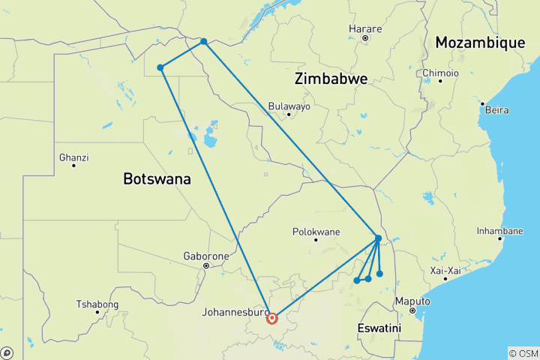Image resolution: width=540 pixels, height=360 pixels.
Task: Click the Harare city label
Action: [x=365, y=29]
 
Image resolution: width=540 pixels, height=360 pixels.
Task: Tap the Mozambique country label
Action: [x=480, y=43]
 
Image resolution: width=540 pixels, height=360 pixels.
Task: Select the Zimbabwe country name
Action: [x=331, y=79]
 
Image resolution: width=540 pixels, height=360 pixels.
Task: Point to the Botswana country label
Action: [x=157, y=179]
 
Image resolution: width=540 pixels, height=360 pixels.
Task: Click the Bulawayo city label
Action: [x=289, y=106]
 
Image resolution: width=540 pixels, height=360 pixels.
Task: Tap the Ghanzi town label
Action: [x=73, y=157]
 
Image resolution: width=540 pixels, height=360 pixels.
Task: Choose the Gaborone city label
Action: [x=206, y=256]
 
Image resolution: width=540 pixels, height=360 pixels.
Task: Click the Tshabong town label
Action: [x=97, y=304]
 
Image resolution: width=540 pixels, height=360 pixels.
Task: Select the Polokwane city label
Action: [x=315, y=232]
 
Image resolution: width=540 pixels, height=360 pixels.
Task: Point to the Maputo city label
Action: [x=413, y=301]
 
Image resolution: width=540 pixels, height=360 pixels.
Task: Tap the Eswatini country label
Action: [x=379, y=328]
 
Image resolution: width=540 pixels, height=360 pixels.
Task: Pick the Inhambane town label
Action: [x=499, y=231]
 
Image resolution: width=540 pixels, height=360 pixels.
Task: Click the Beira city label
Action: [x=496, y=110]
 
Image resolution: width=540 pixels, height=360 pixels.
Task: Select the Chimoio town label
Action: [x=440, y=73]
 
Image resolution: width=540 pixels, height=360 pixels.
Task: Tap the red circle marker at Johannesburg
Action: [x=271, y=318]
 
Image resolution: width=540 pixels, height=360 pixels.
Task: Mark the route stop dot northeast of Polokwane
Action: [x=378, y=238]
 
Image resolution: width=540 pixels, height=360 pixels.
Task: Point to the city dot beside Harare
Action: [x=365, y=38]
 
